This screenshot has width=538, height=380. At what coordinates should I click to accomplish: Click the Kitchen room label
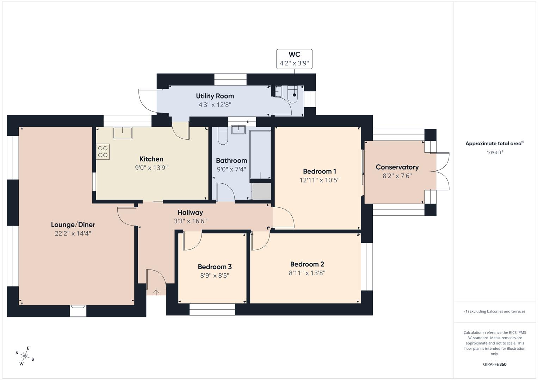[x=151, y=159]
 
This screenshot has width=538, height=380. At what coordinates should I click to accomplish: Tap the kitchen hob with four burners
[x=103, y=152]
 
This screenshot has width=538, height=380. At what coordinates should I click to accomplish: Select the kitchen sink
[x=122, y=133]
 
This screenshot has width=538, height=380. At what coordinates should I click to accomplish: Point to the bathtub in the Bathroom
[x=260, y=154]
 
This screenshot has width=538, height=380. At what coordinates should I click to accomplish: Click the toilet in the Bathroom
[x=223, y=136]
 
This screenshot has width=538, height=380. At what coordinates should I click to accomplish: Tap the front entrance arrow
[x=156, y=292]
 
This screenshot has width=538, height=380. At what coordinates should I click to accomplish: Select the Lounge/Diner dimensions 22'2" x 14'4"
[x=73, y=233]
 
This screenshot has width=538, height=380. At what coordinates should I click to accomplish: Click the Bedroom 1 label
[x=319, y=171]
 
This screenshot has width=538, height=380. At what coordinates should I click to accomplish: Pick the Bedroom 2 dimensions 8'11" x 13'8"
[x=307, y=273]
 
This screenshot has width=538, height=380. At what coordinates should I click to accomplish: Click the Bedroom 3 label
[x=215, y=267]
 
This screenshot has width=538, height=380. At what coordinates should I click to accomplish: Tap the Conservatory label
[x=397, y=167]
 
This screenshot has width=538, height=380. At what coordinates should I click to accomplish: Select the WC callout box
[x=294, y=59]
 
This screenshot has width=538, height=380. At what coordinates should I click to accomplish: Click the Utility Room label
[x=215, y=96]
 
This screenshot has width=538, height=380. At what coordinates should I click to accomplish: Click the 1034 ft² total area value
[x=495, y=153]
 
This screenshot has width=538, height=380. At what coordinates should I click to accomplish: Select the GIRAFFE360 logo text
[x=494, y=365]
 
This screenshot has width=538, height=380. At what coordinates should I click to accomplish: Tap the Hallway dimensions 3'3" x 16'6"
[x=190, y=221]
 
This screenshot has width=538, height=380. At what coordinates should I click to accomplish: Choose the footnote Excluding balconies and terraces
[x=495, y=311]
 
